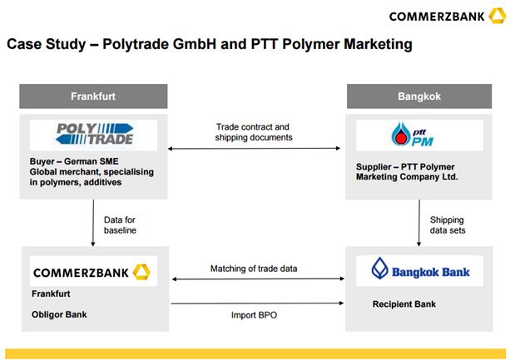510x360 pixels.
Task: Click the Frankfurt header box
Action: (93, 96)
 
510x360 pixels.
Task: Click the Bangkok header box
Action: (419, 96)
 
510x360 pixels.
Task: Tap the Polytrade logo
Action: (94, 134)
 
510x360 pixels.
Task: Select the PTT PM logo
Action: (413, 135)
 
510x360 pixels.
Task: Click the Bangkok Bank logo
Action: (420, 269)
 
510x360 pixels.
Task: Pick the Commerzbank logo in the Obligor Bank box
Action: (92, 272)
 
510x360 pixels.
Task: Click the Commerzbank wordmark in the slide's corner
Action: (448, 17)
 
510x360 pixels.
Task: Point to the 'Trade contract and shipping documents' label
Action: (254, 132)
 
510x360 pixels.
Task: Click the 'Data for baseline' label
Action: (120, 224)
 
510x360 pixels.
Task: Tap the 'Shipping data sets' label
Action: (448, 224)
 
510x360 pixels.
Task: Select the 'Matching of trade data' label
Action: (254, 269)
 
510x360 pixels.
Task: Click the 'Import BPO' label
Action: (254, 315)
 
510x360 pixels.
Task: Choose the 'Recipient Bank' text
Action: (404, 304)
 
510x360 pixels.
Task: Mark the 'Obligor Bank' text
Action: (59, 314)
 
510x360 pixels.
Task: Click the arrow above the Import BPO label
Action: (257, 303)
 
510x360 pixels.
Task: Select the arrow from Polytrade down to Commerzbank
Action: (93, 223)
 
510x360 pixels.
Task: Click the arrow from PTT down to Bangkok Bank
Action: (419, 223)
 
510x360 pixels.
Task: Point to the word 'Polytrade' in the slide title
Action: (136, 44)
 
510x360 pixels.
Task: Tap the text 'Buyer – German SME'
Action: (74, 161)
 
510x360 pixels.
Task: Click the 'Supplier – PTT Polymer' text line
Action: (405, 166)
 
